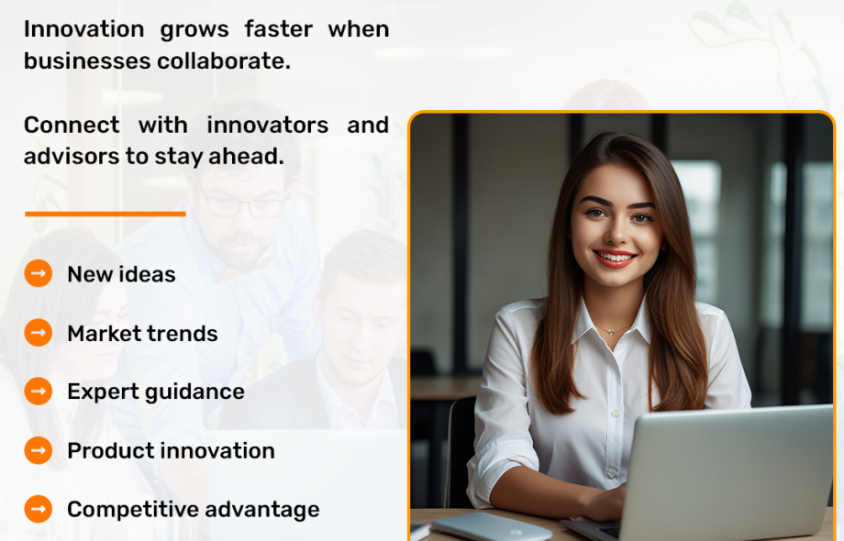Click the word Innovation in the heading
tap(84, 28)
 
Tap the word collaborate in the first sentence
tap(224, 61)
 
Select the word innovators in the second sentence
tap(268, 125)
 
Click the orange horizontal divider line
tap(105, 214)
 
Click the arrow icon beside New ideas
tap(39, 274)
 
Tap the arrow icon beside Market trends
tap(39, 333)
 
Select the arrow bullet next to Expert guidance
tap(39, 391)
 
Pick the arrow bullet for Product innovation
tap(39, 450)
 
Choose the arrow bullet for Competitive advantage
tap(39, 509)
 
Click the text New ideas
tap(122, 274)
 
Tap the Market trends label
tap(142, 334)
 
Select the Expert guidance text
tap(156, 392)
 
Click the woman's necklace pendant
tap(612, 332)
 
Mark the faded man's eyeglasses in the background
tap(242, 204)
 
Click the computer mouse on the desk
tap(492, 526)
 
